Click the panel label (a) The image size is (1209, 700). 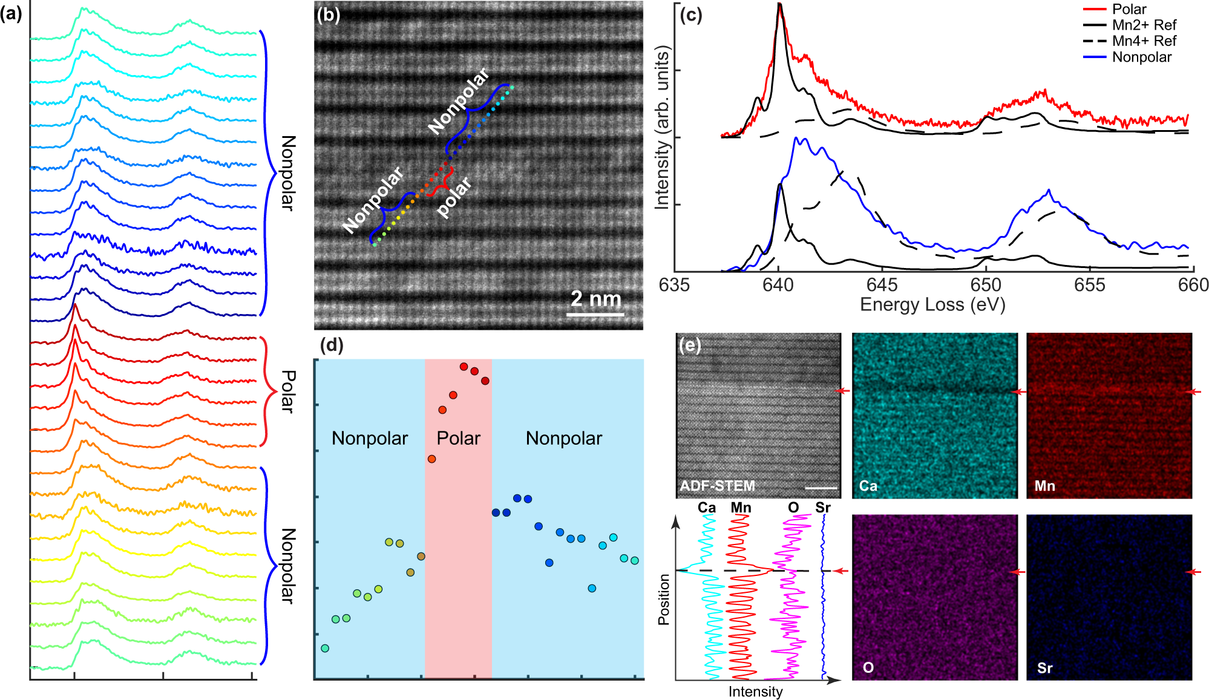(x=11, y=13)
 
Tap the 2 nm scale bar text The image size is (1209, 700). (x=596, y=299)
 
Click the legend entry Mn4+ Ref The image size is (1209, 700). (x=1144, y=41)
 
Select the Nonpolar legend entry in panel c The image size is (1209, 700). (x=1141, y=57)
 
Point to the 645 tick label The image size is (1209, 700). (x=882, y=285)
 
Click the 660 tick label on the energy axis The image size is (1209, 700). (x=1193, y=285)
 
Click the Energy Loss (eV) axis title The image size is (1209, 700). (x=932, y=304)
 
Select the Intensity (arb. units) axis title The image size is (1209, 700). (x=663, y=127)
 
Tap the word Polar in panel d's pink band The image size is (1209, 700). (x=458, y=438)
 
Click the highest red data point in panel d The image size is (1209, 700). (x=464, y=367)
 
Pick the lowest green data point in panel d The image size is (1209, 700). (x=325, y=648)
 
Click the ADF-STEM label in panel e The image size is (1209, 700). (x=717, y=486)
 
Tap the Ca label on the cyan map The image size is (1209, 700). (x=868, y=486)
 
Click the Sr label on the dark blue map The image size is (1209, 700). (x=1044, y=668)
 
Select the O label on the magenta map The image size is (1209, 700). (x=868, y=668)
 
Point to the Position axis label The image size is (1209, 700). (x=664, y=600)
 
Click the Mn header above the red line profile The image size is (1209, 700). (x=740, y=508)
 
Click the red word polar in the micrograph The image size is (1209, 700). (x=454, y=197)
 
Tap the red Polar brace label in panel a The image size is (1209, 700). (x=288, y=391)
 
